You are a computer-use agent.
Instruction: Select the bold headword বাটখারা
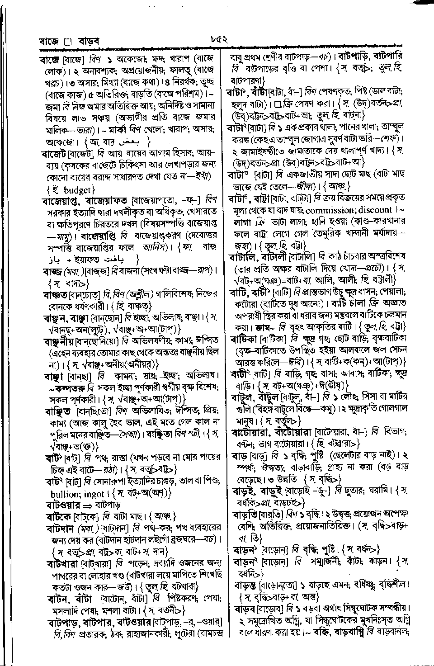click(x=63, y=564)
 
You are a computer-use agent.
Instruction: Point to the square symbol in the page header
click(x=68, y=43)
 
